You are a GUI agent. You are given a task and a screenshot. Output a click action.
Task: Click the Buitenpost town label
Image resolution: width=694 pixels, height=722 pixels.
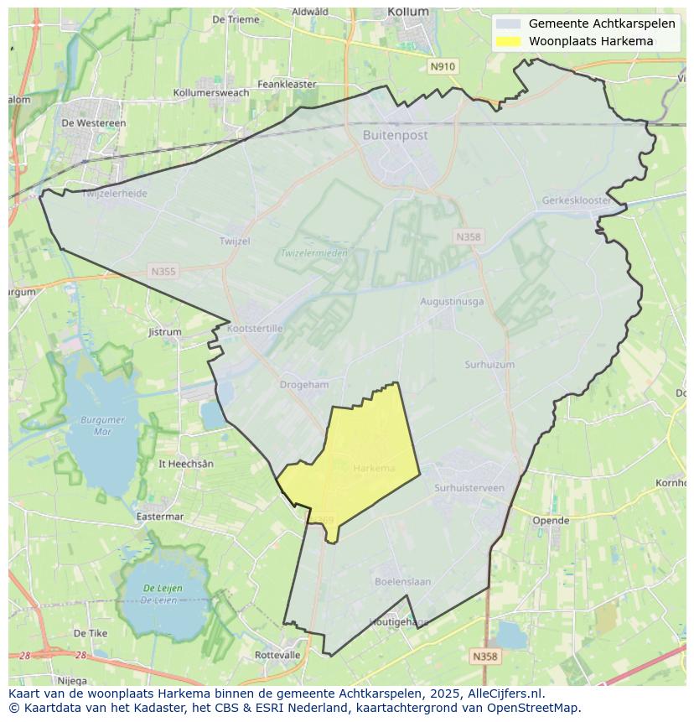coord(395,135)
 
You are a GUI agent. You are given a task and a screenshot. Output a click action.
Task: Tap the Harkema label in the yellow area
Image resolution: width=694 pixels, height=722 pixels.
coord(374,468)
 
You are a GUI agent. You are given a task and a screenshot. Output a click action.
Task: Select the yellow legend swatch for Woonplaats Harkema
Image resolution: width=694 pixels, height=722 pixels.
coord(508,41)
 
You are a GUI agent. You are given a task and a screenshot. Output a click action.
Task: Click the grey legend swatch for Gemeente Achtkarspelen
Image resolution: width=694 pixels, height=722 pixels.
coord(508,23)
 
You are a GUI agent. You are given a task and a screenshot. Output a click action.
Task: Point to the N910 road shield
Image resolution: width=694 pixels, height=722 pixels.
coord(442,66)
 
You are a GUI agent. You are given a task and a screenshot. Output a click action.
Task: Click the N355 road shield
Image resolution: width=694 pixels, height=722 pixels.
coord(163,271)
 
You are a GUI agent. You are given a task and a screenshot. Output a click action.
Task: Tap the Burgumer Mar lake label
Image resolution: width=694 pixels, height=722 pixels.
coord(103,425)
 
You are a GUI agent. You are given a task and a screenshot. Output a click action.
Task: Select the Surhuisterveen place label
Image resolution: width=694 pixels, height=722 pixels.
coord(469,487)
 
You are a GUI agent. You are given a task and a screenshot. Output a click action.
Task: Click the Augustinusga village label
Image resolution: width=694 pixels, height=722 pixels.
coord(451,301)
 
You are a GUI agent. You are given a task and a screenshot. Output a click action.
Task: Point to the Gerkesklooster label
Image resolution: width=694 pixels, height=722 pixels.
coord(576,201)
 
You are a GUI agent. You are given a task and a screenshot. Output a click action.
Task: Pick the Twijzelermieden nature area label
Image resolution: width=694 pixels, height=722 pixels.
coord(313,252)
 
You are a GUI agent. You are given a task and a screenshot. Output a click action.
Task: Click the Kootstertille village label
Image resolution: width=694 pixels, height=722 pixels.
coord(255,329)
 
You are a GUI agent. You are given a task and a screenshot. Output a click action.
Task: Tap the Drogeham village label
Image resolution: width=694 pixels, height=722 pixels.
coord(303,385)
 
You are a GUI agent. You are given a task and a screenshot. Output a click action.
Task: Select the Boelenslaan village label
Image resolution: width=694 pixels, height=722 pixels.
coord(402,581)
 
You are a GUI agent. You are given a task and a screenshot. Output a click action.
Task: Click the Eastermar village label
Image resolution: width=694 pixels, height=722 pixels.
coord(159,517)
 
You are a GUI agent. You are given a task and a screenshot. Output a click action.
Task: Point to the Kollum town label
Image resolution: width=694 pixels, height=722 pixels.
coord(408,12)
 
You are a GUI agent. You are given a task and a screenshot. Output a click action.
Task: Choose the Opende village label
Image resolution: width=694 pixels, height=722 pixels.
coord(551,520)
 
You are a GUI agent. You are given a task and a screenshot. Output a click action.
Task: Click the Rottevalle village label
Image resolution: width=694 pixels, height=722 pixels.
coord(277,655)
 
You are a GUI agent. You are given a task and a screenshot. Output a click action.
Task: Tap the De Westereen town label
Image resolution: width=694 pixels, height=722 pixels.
coord(94,122)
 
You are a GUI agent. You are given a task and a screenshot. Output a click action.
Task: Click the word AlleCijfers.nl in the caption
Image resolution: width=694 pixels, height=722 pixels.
coord(501,693)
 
